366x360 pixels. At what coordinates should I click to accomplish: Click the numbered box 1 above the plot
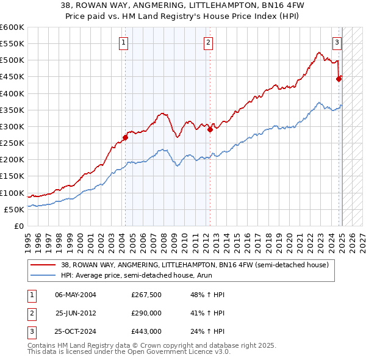pyautogui.click(x=124, y=43)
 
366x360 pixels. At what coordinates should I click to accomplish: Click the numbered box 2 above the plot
pyautogui.click(x=208, y=43)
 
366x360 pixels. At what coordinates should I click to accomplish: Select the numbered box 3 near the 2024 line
pyautogui.click(x=337, y=43)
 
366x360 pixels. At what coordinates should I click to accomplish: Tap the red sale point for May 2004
pyautogui.click(x=125, y=137)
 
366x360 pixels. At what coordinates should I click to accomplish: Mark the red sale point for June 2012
pyautogui.click(x=209, y=129)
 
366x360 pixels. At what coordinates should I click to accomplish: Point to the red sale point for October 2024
pyautogui.click(x=339, y=79)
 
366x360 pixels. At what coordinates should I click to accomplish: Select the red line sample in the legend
pyautogui.click(x=43, y=265)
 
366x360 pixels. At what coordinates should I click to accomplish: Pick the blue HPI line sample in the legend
pyautogui.click(x=43, y=275)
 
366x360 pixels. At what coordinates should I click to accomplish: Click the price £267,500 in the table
pyautogui.click(x=146, y=295)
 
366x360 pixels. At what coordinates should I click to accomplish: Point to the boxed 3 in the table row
pyautogui.click(x=31, y=331)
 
